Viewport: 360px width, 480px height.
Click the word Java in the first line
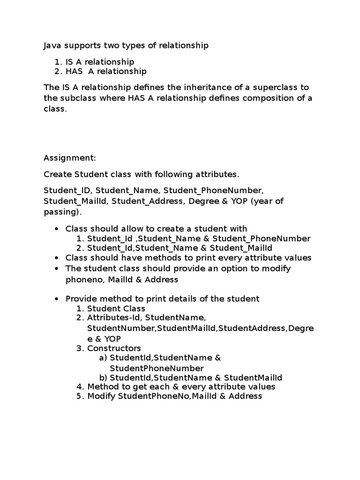pos(52,46)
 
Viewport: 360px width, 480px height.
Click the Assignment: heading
pos(69,158)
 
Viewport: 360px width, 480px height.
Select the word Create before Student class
pos(58,174)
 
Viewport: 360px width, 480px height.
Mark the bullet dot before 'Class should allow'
pos(57,229)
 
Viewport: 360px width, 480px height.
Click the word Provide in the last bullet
pos(81,299)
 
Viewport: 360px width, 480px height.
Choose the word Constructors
pos(114,348)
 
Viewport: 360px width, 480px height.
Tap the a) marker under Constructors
pos(103,358)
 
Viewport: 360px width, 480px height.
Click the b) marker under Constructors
pos(103,378)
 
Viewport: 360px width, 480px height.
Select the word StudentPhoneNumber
pos(157,368)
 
